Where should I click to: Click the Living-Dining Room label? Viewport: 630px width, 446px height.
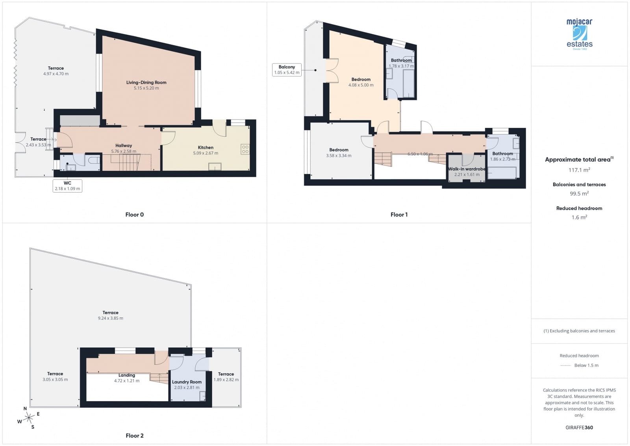(x=146, y=82)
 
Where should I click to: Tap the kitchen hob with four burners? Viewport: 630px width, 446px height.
(x=245, y=149)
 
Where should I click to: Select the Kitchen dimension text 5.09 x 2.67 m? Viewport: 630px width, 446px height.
(x=206, y=153)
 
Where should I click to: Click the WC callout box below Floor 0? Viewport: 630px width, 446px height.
(x=67, y=186)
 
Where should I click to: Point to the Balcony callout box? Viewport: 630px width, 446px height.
(x=287, y=70)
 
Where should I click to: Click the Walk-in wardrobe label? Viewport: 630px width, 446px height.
(x=467, y=169)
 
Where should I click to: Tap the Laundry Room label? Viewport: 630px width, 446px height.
(x=187, y=382)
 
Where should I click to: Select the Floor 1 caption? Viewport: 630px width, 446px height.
(x=399, y=215)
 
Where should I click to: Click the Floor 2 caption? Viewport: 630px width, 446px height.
(x=135, y=435)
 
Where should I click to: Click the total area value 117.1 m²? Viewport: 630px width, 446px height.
(x=579, y=170)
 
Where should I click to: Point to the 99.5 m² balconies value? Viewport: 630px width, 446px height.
(x=579, y=194)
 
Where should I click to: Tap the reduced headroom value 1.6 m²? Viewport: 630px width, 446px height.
(x=579, y=217)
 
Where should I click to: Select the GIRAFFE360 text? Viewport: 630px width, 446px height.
(x=579, y=427)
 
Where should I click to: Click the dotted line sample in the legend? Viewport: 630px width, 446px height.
(x=565, y=366)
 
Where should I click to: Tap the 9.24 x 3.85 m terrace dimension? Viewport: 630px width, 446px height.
(x=111, y=318)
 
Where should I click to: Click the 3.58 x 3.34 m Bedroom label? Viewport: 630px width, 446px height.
(x=339, y=150)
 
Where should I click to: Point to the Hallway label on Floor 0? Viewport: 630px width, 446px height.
(x=124, y=146)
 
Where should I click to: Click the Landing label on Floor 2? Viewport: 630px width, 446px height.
(x=127, y=375)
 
